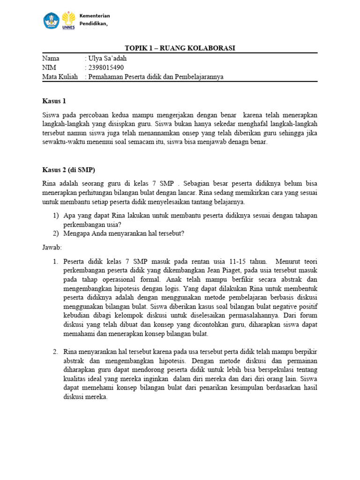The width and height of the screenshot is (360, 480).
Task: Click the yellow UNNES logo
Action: (x=68, y=20)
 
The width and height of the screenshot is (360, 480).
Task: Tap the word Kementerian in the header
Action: (x=94, y=16)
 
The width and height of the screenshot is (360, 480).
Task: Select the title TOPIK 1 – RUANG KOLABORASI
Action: (x=180, y=48)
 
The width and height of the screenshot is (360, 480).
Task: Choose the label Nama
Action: (x=51, y=59)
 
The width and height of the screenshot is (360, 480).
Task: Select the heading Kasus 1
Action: (x=54, y=101)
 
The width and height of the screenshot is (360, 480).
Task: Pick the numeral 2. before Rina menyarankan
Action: (x=55, y=352)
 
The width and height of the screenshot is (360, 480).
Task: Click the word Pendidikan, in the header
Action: (x=93, y=24)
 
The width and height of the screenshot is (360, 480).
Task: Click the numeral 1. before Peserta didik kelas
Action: (x=55, y=261)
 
